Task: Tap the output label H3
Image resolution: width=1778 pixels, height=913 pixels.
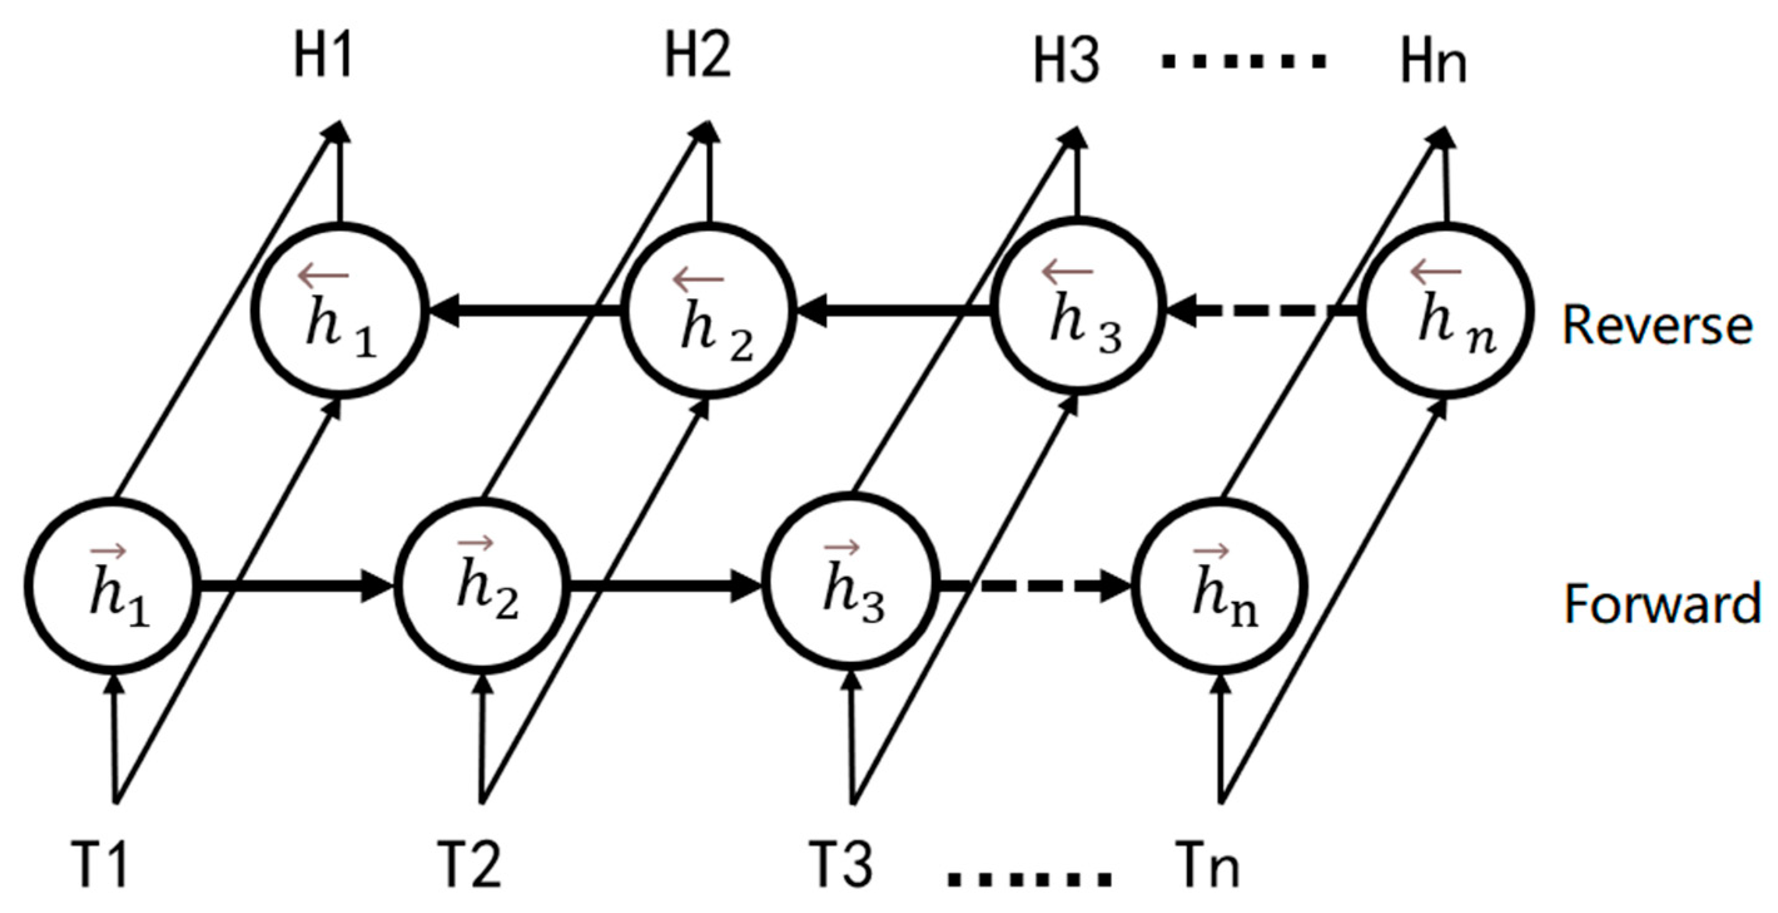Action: point(1066,63)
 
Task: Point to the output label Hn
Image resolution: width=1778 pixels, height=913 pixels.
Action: point(1433,63)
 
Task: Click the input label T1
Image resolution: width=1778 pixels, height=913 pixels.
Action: point(100,864)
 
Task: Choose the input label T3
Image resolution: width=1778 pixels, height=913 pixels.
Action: point(840,864)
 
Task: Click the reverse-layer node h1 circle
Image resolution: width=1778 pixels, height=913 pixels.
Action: point(340,311)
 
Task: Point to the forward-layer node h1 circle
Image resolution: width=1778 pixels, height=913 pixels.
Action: point(115,585)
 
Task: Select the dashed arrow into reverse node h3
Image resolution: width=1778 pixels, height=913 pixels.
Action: point(1263,311)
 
